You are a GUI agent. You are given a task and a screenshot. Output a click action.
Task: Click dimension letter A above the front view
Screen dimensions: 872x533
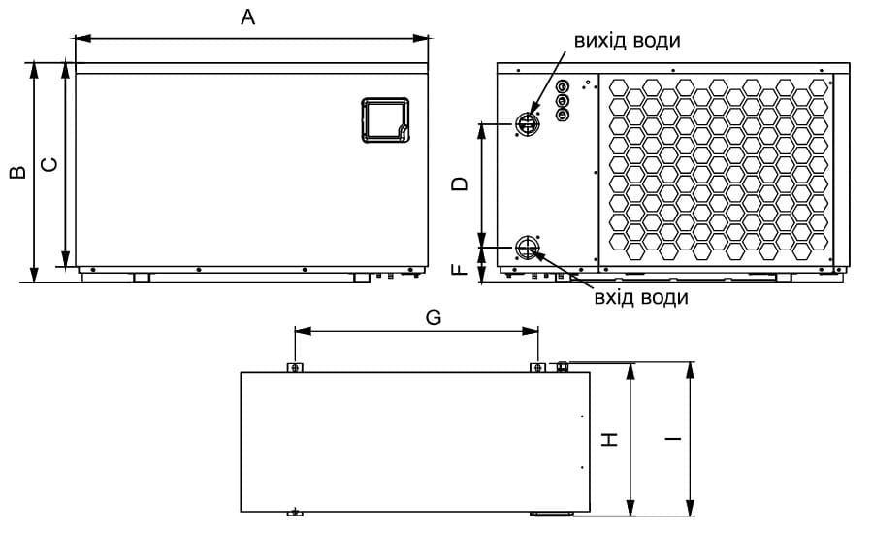click(x=248, y=17)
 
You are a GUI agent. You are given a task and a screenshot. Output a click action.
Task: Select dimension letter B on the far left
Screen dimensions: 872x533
click(x=18, y=172)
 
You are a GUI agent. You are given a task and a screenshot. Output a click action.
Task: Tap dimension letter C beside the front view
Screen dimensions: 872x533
click(x=50, y=165)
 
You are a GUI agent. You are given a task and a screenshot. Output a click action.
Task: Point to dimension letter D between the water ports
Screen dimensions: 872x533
click(x=460, y=184)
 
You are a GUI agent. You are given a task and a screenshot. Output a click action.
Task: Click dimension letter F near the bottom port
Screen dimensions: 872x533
click(x=460, y=270)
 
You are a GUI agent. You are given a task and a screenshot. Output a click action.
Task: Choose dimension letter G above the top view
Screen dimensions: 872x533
click(x=434, y=317)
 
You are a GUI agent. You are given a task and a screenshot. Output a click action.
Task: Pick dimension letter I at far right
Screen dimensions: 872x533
click(x=673, y=439)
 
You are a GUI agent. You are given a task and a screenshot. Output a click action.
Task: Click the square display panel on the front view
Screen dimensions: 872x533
click(x=385, y=120)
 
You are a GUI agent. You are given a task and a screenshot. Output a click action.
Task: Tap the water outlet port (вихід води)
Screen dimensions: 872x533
click(x=526, y=123)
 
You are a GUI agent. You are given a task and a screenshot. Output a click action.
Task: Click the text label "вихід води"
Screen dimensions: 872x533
click(x=628, y=41)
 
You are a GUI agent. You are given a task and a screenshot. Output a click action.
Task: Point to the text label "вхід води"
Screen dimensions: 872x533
click(x=641, y=298)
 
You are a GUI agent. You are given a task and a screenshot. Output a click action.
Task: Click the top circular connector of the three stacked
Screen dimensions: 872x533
click(x=563, y=86)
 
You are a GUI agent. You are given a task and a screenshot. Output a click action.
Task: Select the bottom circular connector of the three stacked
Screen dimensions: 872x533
click(x=563, y=116)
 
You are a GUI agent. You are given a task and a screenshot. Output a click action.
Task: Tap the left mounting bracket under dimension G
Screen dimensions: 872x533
click(x=295, y=367)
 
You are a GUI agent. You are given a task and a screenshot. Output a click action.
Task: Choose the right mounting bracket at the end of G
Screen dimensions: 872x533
click(x=537, y=367)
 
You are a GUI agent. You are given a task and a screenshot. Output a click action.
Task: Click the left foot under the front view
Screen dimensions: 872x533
click(x=142, y=278)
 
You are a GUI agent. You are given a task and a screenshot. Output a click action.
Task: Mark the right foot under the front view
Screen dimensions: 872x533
click(x=363, y=278)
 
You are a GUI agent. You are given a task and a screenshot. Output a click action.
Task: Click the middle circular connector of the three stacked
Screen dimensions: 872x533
click(x=563, y=101)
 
